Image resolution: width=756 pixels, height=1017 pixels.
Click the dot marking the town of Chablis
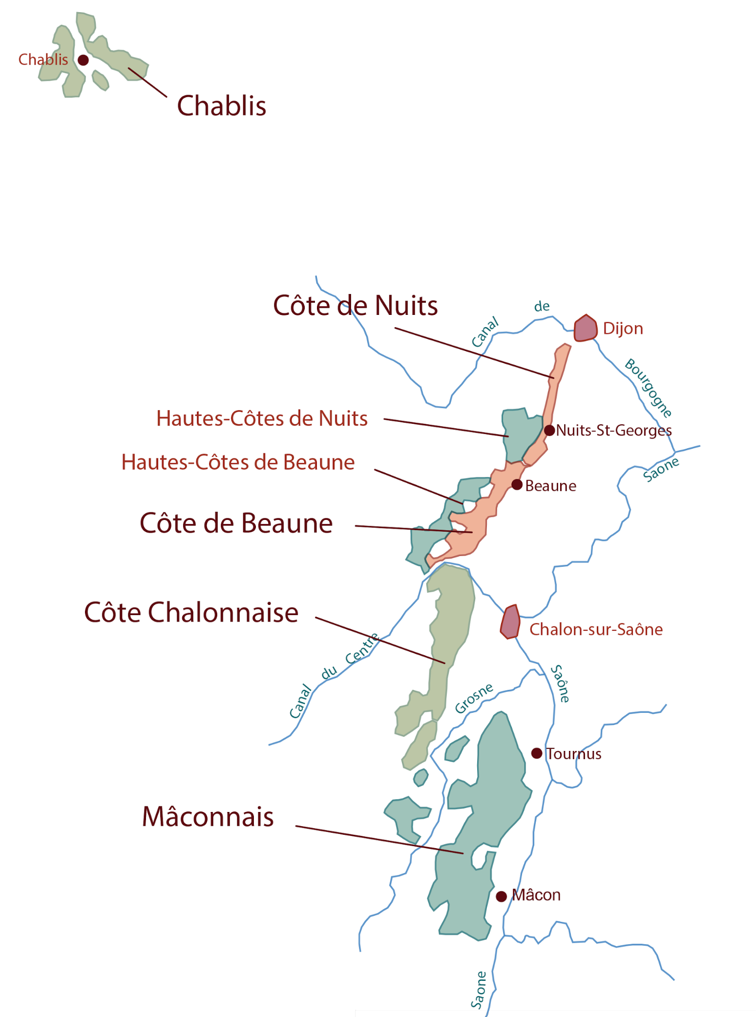(x=83, y=60)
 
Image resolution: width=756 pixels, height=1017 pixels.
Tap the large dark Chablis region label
(x=221, y=106)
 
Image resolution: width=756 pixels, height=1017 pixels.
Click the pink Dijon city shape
(x=585, y=328)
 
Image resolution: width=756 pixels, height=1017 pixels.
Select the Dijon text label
(x=623, y=329)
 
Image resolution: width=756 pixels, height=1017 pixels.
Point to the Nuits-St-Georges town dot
(x=549, y=430)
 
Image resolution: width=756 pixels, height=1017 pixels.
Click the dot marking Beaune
(x=517, y=484)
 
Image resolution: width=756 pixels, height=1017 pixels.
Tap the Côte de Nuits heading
(x=355, y=306)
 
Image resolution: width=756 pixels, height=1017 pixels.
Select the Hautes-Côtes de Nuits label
(x=261, y=419)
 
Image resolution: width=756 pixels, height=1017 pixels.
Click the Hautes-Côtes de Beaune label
(x=238, y=462)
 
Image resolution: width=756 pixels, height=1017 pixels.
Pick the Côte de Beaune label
(x=236, y=524)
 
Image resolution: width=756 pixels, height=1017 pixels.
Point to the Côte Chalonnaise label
(x=191, y=613)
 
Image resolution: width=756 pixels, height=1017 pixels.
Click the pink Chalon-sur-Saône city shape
(x=510, y=622)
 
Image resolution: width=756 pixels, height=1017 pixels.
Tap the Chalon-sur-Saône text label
(x=596, y=630)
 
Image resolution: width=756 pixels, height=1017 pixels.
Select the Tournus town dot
(x=537, y=753)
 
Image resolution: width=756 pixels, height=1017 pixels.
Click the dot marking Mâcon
(x=501, y=896)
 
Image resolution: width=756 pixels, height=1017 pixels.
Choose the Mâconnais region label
(x=208, y=817)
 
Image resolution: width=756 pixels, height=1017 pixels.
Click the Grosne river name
(x=474, y=698)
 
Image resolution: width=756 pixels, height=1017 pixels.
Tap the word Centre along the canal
(x=362, y=649)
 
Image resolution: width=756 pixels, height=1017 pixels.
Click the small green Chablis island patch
(x=100, y=80)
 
